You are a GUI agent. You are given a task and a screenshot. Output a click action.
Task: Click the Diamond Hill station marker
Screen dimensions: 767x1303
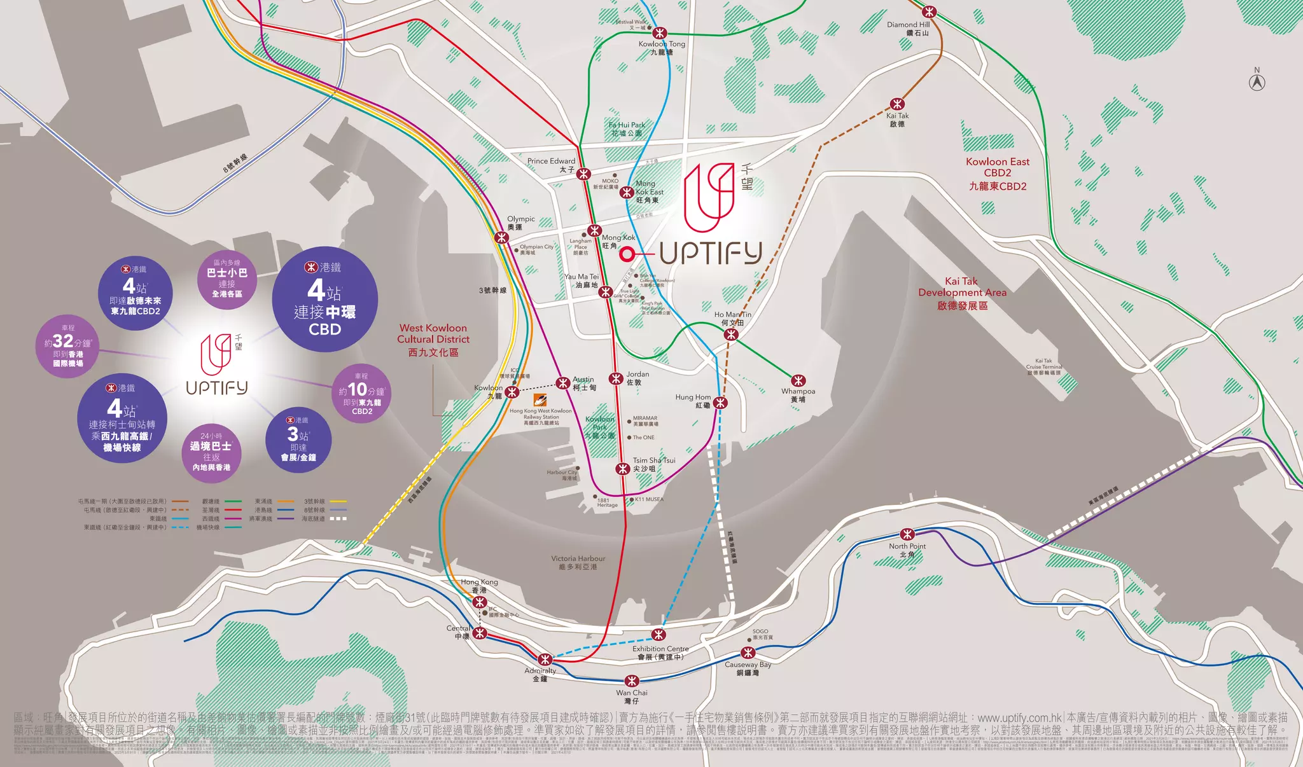(x=930, y=11)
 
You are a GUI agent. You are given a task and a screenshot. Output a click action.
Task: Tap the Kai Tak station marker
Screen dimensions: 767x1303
(x=897, y=104)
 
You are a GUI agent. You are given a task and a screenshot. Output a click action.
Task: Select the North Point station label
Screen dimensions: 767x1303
(x=907, y=550)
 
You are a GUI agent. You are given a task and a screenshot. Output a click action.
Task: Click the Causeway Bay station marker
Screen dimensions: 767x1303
(x=748, y=653)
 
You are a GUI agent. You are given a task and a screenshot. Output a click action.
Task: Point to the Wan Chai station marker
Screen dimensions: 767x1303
(x=631, y=681)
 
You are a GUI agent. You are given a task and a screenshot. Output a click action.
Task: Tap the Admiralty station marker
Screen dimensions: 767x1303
(x=545, y=659)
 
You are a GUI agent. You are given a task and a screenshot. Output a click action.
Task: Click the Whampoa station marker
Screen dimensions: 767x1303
(x=798, y=380)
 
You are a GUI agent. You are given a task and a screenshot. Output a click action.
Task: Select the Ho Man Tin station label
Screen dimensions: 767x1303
(x=732, y=319)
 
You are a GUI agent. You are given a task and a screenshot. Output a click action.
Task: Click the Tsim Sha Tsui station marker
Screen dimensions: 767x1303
(x=622, y=469)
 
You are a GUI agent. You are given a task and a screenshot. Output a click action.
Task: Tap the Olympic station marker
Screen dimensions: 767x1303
(x=502, y=238)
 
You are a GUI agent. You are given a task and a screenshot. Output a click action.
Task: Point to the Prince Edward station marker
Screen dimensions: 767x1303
(x=583, y=174)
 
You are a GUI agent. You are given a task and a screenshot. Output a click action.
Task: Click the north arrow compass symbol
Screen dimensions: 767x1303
(x=1257, y=81)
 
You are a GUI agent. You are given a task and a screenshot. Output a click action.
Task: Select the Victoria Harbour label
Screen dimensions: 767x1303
(x=578, y=562)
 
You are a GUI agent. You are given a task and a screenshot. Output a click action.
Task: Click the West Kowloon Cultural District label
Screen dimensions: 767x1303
(x=433, y=340)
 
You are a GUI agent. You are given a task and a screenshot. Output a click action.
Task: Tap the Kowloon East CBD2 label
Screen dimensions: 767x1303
(x=997, y=174)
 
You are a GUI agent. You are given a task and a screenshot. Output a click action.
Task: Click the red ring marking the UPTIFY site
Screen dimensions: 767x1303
(x=627, y=254)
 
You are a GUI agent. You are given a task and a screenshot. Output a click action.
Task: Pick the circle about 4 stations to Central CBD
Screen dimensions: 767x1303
(x=324, y=299)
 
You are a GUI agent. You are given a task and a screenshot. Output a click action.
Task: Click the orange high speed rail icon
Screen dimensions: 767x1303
(x=540, y=400)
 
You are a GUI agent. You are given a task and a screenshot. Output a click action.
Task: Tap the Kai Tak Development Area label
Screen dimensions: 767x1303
(x=962, y=293)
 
